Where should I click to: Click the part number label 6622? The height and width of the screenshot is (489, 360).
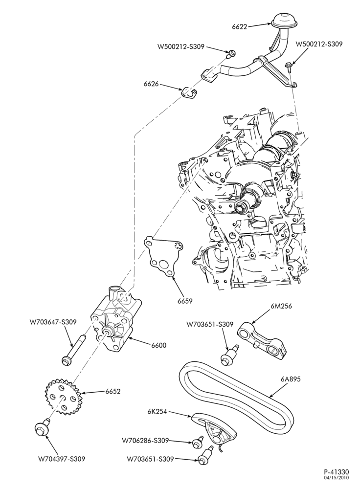pos(240,27)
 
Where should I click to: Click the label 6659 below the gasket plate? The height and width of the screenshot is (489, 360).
pos(185,301)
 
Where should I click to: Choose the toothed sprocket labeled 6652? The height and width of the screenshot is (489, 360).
pos(65,397)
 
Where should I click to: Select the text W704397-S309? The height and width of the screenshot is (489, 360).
pos(62,459)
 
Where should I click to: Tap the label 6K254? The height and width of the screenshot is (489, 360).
pos(158,412)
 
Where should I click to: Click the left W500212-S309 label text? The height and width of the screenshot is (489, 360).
pos(181,47)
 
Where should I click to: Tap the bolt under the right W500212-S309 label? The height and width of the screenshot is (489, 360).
pos(288,67)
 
